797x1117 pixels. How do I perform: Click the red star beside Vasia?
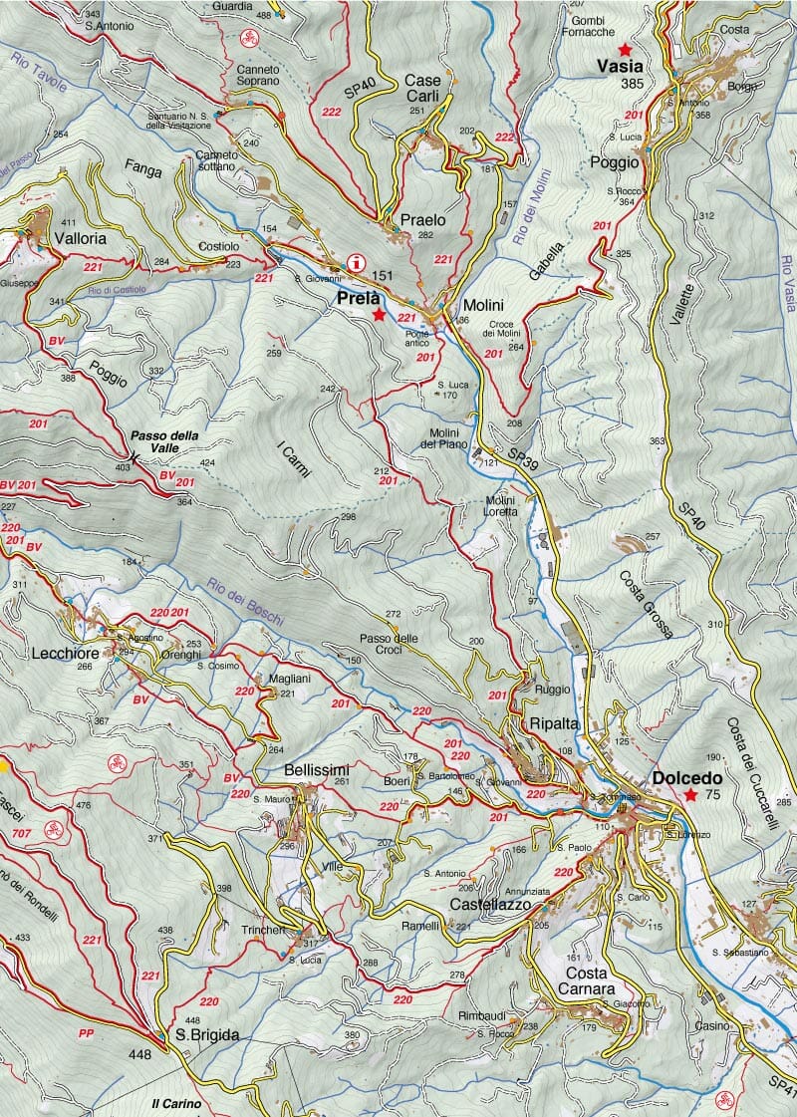pos(625,49)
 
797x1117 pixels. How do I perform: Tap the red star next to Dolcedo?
pos(690,795)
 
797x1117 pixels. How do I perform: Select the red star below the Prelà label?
pos(379,315)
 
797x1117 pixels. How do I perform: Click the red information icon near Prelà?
pos(356,262)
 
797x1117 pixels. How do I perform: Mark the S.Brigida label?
pos(207,1035)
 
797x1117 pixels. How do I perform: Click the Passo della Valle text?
pos(163,442)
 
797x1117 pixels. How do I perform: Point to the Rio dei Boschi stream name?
pos(245,603)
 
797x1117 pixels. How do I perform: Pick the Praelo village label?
pos(422,219)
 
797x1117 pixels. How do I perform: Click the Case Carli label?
pos(422,88)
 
